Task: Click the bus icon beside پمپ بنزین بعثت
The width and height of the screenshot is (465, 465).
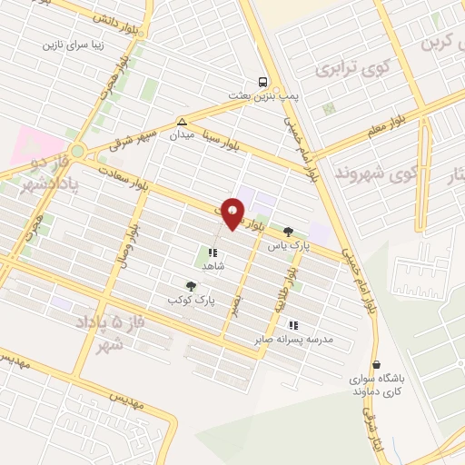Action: click(x=262, y=80)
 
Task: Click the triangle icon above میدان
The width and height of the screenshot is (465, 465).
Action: click(x=183, y=121)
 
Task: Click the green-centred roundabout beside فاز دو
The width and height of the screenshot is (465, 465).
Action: click(x=78, y=152)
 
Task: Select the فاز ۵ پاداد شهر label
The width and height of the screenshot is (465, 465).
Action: click(x=103, y=333)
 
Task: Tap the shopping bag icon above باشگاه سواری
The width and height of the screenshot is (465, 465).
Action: click(x=376, y=365)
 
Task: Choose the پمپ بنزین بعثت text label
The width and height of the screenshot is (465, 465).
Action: click(x=263, y=94)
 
